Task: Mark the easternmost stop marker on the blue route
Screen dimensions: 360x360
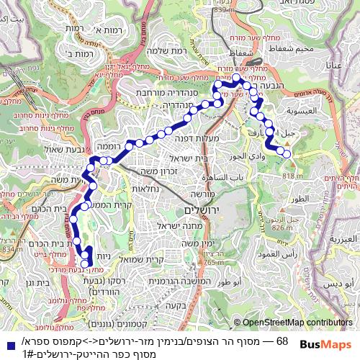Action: click(x=287, y=154)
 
